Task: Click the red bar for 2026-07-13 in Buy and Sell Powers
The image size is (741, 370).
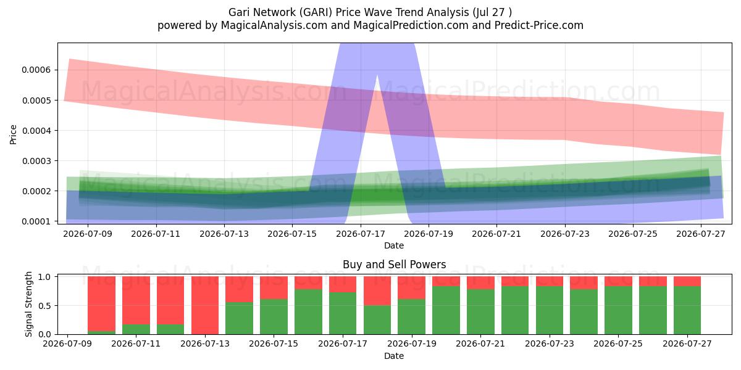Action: (205, 305)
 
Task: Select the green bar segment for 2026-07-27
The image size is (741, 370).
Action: (687, 310)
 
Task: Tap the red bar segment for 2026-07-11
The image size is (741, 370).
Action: (136, 300)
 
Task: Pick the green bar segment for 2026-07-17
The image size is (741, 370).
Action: (343, 313)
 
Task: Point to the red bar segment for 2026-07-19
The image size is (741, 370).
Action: (411, 288)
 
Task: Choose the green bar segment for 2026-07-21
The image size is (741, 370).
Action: (480, 312)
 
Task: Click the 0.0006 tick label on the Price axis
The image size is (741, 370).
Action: (36, 70)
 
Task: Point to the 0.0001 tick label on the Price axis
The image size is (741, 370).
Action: (36, 221)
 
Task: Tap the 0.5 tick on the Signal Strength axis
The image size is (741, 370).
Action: (44, 306)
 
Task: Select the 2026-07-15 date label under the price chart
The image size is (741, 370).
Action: (292, 234)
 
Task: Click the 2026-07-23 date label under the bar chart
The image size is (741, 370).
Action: (550, 343)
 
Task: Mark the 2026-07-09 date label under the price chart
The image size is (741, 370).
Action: (88, 234)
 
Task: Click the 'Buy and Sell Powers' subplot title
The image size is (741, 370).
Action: (395, 265)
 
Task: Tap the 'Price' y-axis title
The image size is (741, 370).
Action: (13, 134)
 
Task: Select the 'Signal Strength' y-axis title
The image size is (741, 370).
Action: (28, 304)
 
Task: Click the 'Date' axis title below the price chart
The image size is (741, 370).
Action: (394, 245)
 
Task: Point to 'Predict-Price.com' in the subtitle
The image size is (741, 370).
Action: (539, 25)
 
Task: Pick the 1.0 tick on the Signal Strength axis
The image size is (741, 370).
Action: (44, 277)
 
